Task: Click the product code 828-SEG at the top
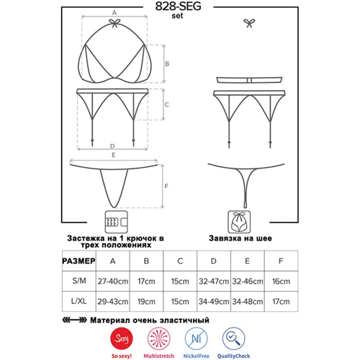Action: (178, 6)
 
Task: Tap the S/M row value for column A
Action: (113, 282)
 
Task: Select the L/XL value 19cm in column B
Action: (146, 302)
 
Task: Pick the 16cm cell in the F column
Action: (281, 282)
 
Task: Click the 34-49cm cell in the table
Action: (214, 302)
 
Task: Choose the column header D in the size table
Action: (214, 261)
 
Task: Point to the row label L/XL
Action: (79, 301)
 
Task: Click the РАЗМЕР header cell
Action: (78, 261)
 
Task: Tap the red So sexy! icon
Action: (122, 338)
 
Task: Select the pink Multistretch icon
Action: (159, 338)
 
